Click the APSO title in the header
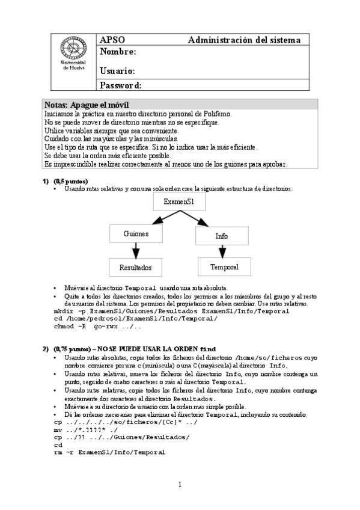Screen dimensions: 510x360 pyautogui.click(x=112, y=40)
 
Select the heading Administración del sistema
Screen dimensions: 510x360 pyautogui.click(x=244, y=40)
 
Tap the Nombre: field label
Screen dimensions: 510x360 pyautogui.click(x=118, y=52)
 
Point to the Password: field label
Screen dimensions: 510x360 pyautogui.click(x=121, y=85)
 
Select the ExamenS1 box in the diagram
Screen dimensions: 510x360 pyautogui.click(x=179, y=202)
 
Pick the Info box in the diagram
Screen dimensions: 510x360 pyautogui.click(x=222, y=236)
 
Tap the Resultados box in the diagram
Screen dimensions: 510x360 pyautogui.click(x=135, y=267)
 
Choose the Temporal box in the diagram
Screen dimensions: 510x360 pyautogui.click(x=224, y=266)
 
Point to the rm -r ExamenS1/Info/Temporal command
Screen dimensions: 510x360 pyautogui.click(x=109, y=452)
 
